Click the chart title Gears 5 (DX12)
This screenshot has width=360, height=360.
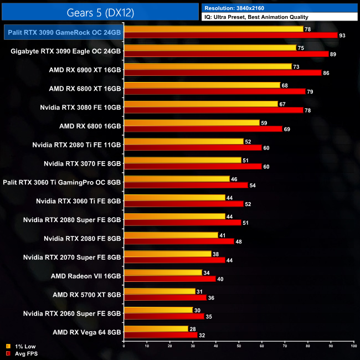point(100,11)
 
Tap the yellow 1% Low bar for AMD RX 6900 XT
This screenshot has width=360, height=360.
point(208,66)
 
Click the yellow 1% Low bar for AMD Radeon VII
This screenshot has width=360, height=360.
point(163,272)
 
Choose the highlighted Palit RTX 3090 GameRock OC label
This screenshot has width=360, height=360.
point(64,32)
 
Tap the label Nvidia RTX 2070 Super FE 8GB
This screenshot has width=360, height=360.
point(72,257)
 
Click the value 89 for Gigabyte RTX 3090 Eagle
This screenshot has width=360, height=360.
point(333,54)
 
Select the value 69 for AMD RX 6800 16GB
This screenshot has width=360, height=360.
point(287,129)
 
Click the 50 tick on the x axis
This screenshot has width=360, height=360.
point(239,346)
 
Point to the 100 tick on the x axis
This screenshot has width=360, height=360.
point(353,346)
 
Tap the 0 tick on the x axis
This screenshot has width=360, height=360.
point(124,346)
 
